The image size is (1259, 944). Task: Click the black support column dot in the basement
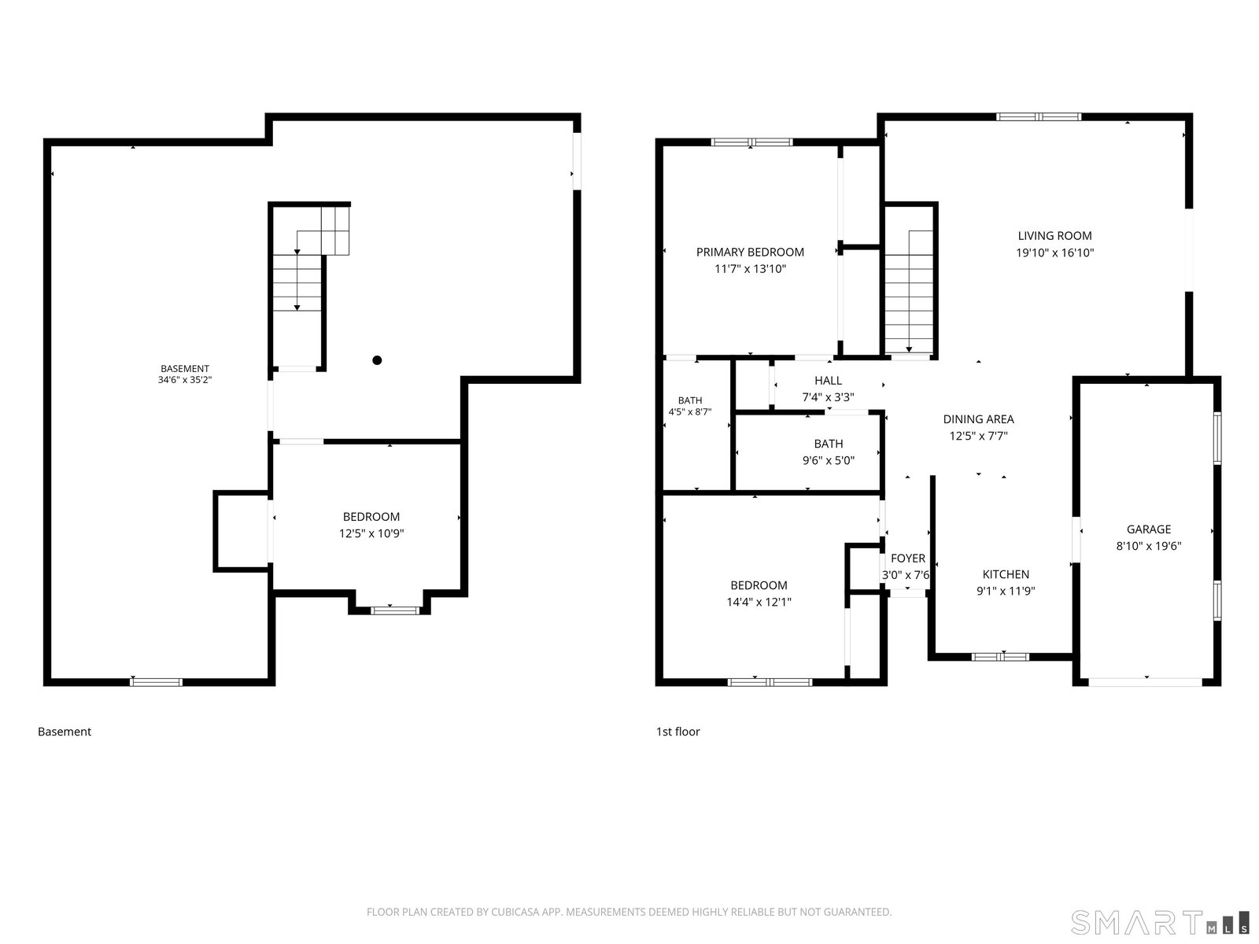[x=377, y=360]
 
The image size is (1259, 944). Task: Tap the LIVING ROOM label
[x=1054, y=235]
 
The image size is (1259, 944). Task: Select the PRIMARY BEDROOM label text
[x=750, y=253]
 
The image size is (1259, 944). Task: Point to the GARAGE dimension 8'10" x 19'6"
[x=1148, y=546]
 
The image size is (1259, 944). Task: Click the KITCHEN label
[x=1006, y=574]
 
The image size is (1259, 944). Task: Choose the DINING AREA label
[x=979, y=419]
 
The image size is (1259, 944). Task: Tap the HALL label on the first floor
[x=829, y=381]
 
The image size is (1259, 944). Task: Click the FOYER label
[x=908, y=559]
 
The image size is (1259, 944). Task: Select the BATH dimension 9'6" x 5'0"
[x=829, y=460]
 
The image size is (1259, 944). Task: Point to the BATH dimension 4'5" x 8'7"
[x=690, y=411]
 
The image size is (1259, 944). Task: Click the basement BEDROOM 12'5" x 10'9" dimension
[x=371, y=533]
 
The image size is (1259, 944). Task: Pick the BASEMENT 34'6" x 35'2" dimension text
[x=185, y=379]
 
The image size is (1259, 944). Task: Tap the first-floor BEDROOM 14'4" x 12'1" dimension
[x=759, y=602]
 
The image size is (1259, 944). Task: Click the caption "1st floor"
[x=678, y=732]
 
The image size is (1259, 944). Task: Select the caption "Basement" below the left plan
[x=65, y=732]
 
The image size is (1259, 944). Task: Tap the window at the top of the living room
[x=1038, y=117]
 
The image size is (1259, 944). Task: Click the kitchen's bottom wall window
[x=1000, y=657]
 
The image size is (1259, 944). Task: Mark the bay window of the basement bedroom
[x=395, y=610]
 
